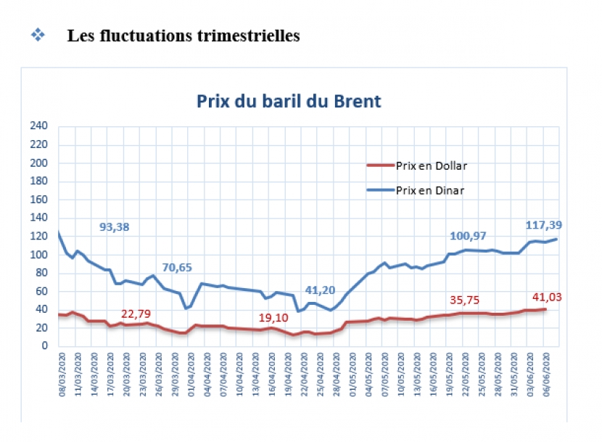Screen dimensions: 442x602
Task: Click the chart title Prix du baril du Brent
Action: coord(289,101)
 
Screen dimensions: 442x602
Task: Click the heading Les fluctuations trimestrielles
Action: coord(184,36)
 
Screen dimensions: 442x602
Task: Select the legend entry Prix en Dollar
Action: coord(431,165)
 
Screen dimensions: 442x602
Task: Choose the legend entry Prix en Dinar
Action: coord(429,190)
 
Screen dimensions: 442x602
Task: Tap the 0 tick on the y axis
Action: coord(44,346)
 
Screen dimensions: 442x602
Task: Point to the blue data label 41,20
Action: coord(319,290)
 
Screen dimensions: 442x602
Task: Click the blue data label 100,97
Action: coord(468,236)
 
